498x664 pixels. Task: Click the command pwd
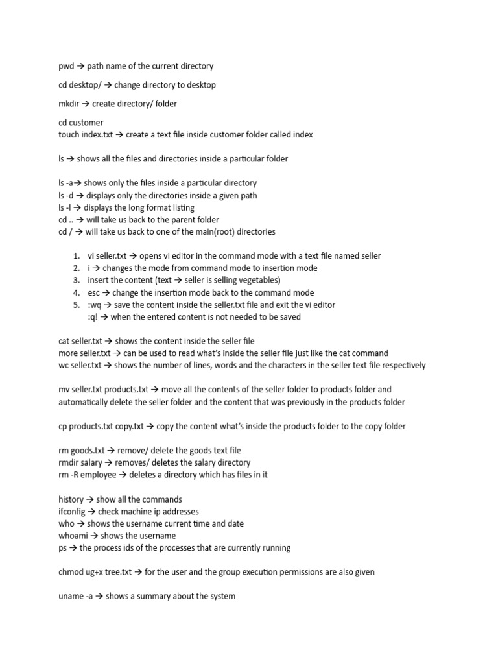point(67,66)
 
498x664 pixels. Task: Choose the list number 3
point(76,280)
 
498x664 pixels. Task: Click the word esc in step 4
point(94,292)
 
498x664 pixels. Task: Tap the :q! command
point(93,317)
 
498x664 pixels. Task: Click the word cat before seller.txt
point(64,341)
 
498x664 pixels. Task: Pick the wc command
point(64,366)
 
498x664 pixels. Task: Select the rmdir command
point(69,462)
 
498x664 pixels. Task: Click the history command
point(71,499)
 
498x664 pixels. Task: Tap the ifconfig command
point(72,512)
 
